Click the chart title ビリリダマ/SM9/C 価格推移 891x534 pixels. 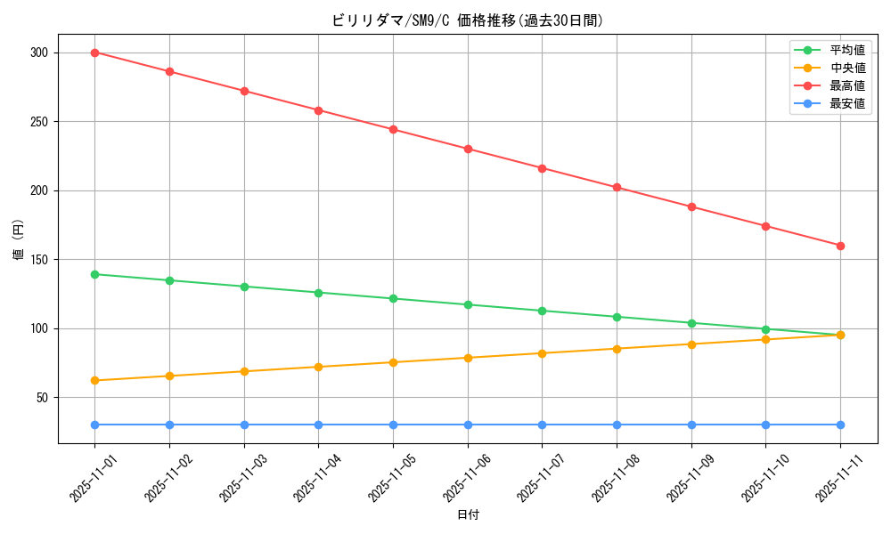pyautogui.click(x=467, y=20)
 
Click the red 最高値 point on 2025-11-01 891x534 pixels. pyautogui.click(x=94, y=53)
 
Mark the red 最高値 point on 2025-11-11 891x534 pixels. pyautogui.click(x=840, y=246)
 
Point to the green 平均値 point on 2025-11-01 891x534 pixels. pyautogui.click(x=94, y=274)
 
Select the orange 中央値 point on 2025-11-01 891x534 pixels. pyautogui.click(x=94, y=380)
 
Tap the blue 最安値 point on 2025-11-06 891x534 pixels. pyautogui.click(x=468, y=425)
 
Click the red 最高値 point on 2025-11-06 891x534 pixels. pyautogui.click(x=468, y=149)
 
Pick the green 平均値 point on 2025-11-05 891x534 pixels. pyautogui.click(x=393, y=298)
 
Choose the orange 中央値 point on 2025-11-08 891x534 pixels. pyautogui.click(x=617, y=348)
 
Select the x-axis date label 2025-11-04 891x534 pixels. pyautogui.click(x=316, y=478)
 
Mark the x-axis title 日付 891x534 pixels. pyautogui.click(x=468, y=515)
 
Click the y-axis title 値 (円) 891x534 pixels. pyautogui.click(x=19, y=239)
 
